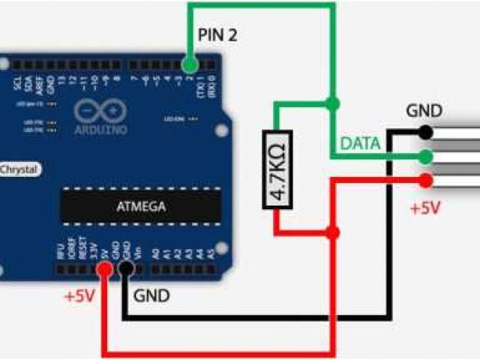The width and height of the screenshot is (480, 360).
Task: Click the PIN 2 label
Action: [x=218, y=34]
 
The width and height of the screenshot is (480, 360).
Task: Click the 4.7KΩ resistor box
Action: [x=277, y=169]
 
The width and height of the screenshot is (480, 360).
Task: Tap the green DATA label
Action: [x=361, y=143]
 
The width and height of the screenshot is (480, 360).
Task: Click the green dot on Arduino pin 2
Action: [x=190, y=64]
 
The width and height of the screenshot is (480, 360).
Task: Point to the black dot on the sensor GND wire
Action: [x=426, y=133]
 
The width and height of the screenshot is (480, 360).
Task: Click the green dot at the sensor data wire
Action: [x=426, y=157]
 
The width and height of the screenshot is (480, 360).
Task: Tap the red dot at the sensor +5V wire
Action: [x=426, y=180]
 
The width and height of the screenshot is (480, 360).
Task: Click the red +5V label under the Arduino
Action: [x=79, y=295]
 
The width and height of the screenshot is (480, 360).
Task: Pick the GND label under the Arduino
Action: [x=151, y=295]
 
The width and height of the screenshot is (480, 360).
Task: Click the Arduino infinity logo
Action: [x=100, y=111]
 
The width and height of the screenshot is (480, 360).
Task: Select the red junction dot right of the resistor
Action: [x=333, y=232]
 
